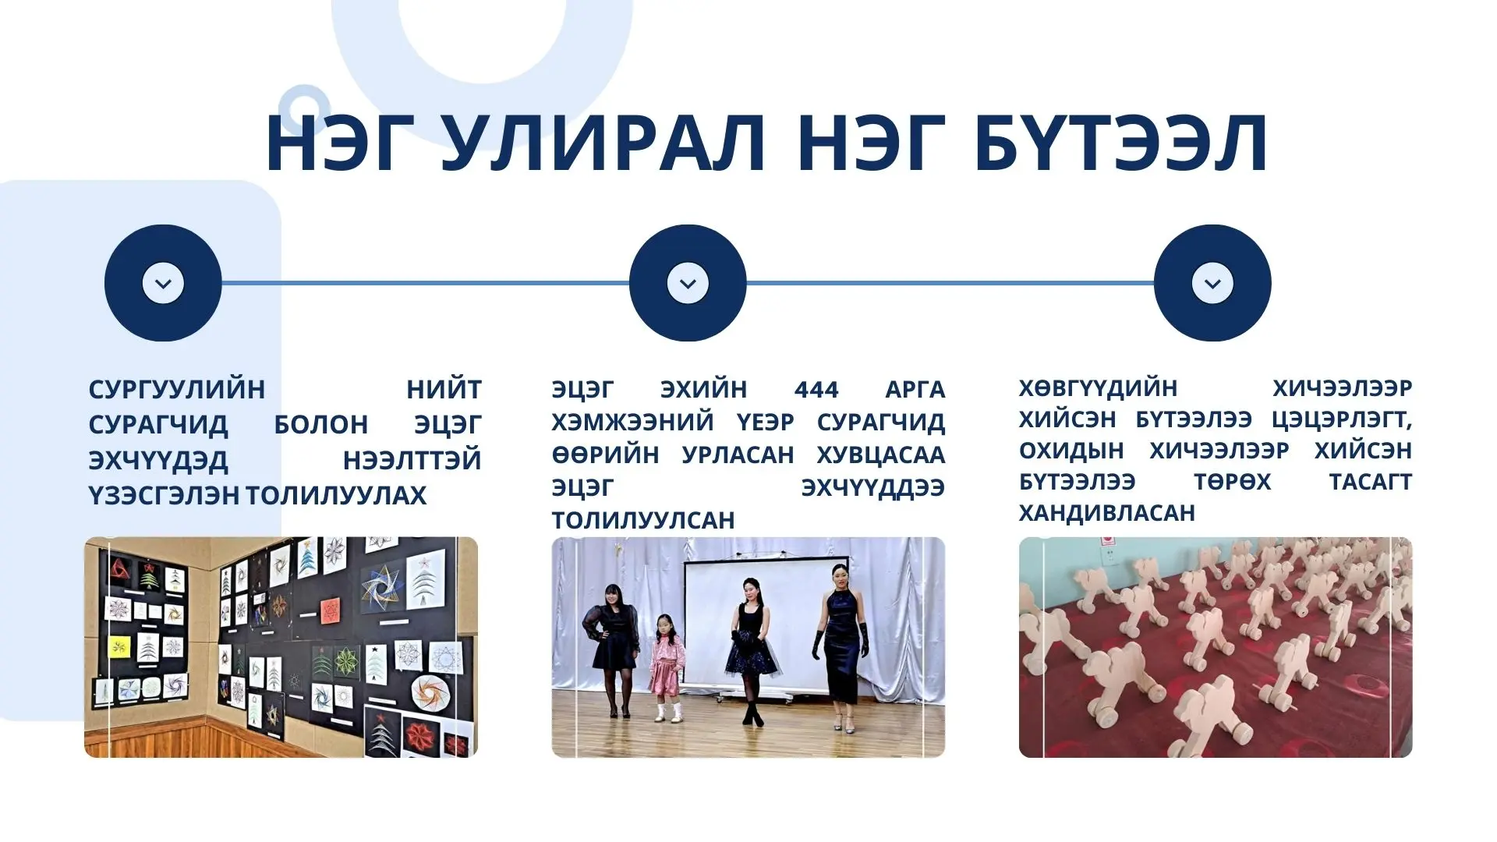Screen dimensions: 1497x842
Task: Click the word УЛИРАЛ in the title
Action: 603,143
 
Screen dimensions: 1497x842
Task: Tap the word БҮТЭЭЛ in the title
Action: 1120,143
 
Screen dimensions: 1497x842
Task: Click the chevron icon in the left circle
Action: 163,283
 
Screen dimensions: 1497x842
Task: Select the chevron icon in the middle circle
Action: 688,283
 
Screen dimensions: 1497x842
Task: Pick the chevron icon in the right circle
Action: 1212,283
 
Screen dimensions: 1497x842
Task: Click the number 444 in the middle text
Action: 816,389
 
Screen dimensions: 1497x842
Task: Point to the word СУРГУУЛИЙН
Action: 177,389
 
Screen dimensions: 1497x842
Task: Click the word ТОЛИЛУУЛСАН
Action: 643,520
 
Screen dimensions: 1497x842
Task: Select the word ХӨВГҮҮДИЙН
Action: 1098,387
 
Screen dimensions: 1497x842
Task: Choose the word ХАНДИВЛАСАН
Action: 1107,512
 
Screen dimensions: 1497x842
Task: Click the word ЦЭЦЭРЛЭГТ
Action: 1342,419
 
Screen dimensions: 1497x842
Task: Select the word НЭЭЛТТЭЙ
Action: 412,461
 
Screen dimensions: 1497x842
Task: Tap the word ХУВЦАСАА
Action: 881,455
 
